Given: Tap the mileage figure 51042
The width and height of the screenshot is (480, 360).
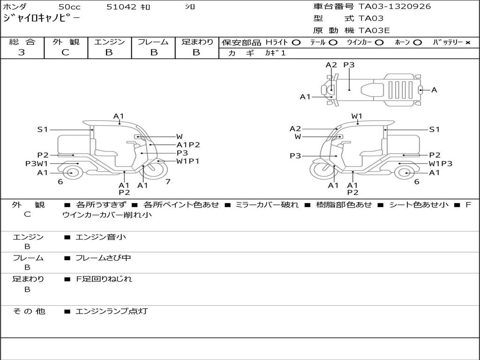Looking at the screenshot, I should point(121,7).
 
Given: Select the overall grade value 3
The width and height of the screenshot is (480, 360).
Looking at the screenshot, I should point(22,52).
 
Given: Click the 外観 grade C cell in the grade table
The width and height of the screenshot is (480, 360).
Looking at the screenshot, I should point(66,52).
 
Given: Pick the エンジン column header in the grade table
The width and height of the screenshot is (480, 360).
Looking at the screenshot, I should point(109,42).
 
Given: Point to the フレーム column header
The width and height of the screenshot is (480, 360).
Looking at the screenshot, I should point(153,42).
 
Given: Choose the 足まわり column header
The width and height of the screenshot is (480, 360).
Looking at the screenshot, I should point(197,42).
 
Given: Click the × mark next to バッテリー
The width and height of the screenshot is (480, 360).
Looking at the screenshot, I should point(467,43).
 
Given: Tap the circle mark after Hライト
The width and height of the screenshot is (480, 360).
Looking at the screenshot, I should point(296,42).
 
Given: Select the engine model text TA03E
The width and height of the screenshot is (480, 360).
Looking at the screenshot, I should point(374,30).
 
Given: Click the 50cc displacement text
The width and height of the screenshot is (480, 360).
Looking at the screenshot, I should point(69,7).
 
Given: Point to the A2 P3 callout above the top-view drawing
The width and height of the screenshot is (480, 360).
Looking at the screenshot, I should point(340,65).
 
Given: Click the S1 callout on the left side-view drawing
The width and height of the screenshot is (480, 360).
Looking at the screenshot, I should point(43,129).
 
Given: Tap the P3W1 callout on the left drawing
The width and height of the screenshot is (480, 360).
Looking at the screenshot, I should point(37,164).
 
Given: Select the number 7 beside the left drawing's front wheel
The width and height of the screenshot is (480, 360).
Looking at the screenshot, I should point(167,181).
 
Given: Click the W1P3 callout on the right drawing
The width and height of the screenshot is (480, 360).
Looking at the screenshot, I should point(441,164).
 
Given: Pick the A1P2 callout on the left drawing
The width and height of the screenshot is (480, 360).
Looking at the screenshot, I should point(188,145).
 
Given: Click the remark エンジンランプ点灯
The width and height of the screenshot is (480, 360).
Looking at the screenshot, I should point(112,311).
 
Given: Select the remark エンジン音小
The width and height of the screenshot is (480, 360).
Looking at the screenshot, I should point(101,237).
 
